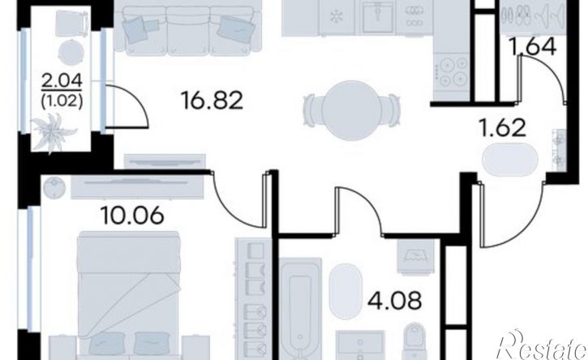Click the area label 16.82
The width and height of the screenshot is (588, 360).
coord(212,101)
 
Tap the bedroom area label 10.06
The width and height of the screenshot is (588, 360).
coord(132,215)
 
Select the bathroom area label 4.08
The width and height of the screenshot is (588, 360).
coord(394,300)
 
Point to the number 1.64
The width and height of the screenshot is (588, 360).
coord(532,47)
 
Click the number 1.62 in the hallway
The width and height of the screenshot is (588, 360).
coord(503,127)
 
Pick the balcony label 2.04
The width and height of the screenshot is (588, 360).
coord(62,81)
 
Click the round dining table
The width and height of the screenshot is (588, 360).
coord(351,110)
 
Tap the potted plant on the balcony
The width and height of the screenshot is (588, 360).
coord(54,132)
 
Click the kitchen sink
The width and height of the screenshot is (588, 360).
coord(378,17)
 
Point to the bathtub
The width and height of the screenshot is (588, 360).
coord(301,308)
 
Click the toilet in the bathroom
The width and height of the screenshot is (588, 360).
coord(414,341)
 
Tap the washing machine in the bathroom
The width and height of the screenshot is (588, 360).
coord(415,257)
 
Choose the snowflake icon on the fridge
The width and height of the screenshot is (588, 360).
coord(336,18)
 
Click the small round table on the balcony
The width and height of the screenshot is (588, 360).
coord(71,53)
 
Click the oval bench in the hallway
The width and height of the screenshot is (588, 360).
coord(509,160)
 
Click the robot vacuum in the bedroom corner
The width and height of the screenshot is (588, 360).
coord(54,186)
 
